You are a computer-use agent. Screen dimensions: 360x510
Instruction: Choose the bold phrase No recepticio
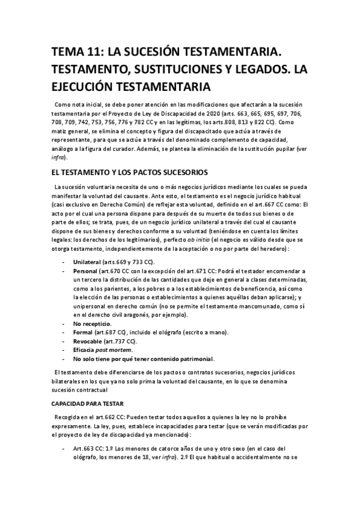pyautogui.click(x=93, y=324)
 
